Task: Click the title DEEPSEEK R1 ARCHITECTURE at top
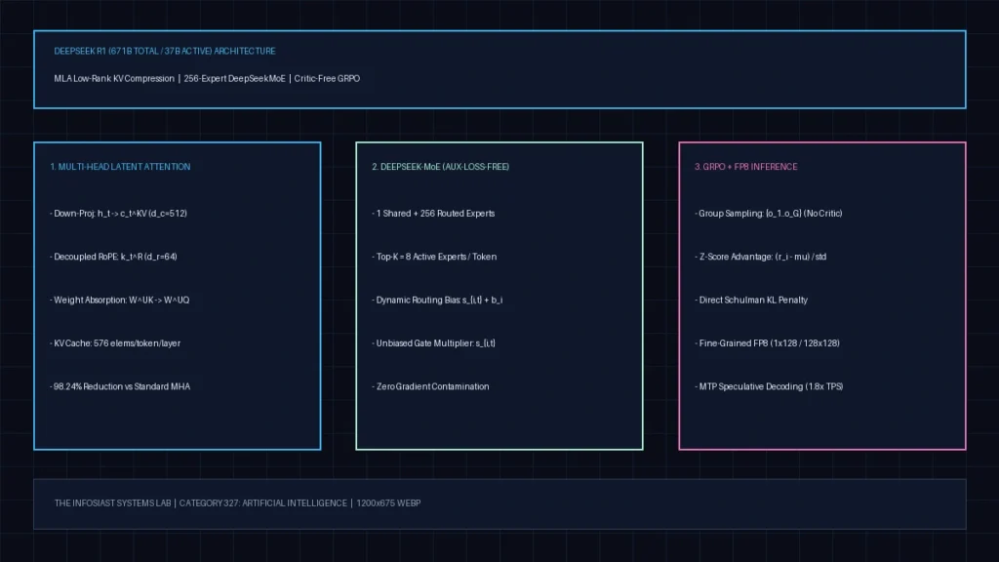[164, 51]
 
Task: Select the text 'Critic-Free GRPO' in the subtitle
[327, 78]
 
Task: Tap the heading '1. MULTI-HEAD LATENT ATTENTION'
[120, 167]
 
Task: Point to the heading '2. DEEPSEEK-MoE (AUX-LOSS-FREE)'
[440, 167]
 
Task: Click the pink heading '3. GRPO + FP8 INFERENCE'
[745, 167]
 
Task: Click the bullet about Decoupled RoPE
[113, 257]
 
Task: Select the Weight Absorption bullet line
[119, 301]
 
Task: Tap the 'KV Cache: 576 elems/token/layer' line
[115, 343]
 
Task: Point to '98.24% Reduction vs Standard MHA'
[120, 386]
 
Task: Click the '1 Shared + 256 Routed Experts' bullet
[433, 214]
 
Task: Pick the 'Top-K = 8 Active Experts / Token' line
[434, 257]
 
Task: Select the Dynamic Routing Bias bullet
[437, 301]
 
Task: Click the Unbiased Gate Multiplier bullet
[433, 343]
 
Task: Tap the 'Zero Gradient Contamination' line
[430, 386]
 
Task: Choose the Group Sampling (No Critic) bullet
[769, 214]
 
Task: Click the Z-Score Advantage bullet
[760, 257]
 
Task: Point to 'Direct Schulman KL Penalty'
[751, 301]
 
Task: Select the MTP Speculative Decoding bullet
[769, 386]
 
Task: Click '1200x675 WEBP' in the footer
[388, 503]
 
